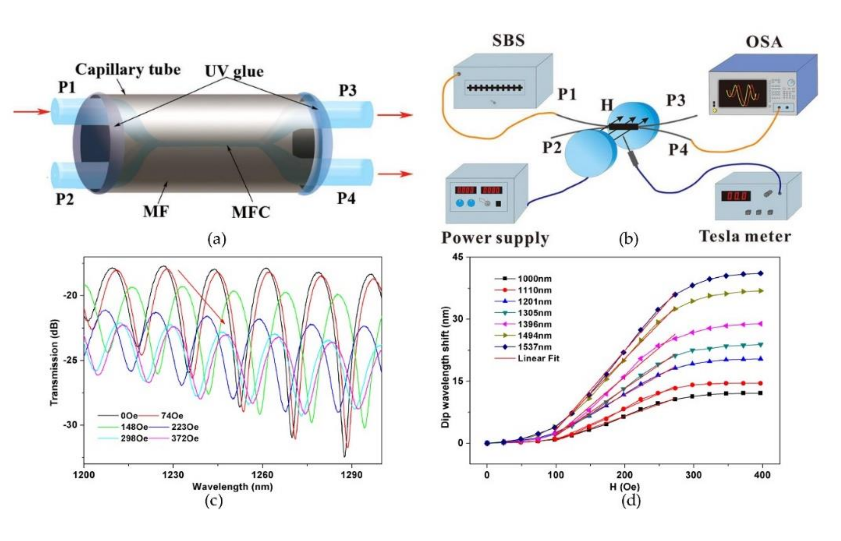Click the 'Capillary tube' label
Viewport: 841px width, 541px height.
point(128,70)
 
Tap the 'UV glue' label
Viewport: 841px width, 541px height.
point(234,71)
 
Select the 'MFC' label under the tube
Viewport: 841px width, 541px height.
point(251,212)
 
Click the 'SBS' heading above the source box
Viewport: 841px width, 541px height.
point(508,40)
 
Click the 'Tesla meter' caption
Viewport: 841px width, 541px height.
point(745,236)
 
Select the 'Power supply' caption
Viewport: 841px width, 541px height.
point(495,238)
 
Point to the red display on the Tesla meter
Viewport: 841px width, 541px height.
point(736,196)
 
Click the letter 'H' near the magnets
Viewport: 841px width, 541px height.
point(607,105)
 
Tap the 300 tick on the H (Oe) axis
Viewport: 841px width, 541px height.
point(693,475)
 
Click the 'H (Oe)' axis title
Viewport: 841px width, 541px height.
point(625,487)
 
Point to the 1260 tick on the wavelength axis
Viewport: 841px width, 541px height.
point(262,475)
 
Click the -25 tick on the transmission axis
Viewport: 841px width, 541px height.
point(70,360)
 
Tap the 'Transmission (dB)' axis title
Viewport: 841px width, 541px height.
point(54,362)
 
